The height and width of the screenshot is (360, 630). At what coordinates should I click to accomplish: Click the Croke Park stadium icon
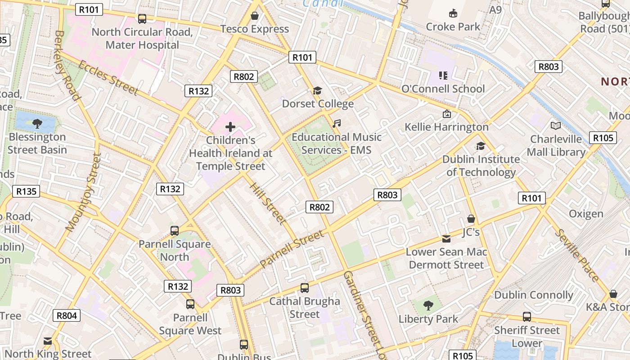click(453, 13)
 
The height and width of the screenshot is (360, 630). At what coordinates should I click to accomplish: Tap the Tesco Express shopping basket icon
click(255, 16)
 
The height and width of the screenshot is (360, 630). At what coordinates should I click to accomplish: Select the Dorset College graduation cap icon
click(318, 90)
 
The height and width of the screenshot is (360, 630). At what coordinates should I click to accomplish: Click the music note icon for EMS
click(337, 123)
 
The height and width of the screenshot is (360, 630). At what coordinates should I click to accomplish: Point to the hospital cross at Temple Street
click(230, 127)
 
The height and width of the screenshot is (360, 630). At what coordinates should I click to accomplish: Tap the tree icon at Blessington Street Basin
click(37, 123)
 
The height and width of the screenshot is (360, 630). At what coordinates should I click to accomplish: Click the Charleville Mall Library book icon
click(556, 126)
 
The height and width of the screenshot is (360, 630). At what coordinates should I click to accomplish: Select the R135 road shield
click(26, 191)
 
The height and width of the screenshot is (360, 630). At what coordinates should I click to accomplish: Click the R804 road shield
click(67, 315)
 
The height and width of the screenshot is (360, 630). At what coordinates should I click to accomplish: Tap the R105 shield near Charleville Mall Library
click(603, 138)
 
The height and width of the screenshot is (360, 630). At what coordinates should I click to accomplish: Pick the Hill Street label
click(267, 203)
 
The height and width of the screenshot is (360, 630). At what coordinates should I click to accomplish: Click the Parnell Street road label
click(292, 248)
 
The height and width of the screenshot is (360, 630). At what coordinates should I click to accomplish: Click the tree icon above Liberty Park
click(428, 306)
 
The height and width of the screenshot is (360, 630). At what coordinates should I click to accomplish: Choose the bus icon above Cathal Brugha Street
click(305, 288)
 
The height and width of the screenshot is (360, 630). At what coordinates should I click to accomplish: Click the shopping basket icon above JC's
click(471, 219)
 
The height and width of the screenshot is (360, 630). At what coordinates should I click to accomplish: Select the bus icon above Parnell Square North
click(175, 230)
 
